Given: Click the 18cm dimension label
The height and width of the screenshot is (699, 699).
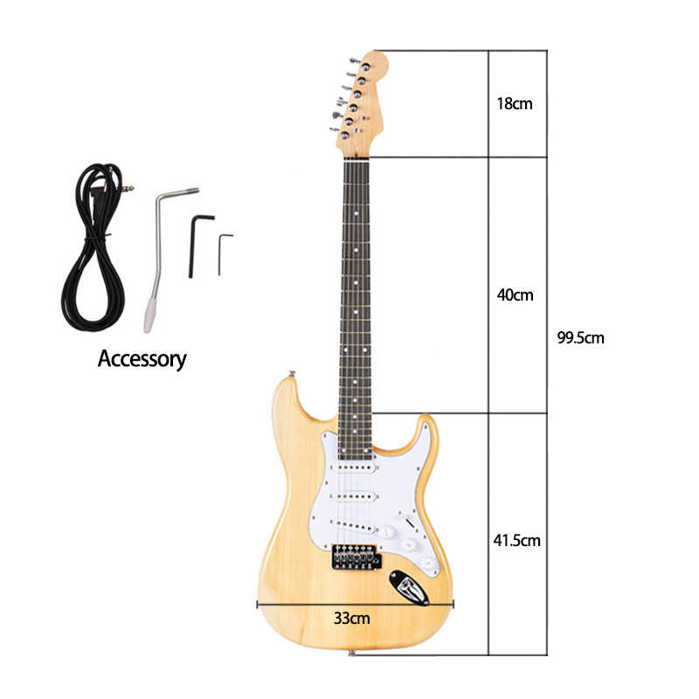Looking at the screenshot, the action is (514, 103).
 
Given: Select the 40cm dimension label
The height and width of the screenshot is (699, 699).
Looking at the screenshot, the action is (515, 294).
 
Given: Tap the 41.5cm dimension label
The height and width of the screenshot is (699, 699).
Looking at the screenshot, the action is (516, 540).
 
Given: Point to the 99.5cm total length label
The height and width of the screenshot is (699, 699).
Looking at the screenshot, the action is (580, 337).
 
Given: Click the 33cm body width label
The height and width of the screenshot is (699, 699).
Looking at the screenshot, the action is (351, 618).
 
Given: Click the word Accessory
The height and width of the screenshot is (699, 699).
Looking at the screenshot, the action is (142, 358).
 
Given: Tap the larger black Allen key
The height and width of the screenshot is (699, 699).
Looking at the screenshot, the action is (197, 240).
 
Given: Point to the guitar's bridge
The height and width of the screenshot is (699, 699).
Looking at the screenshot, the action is (356, 556).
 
